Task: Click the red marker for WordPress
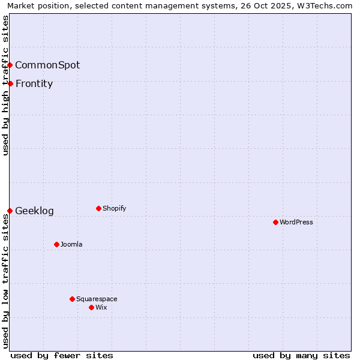[x=275, y=222]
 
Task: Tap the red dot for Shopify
[x=98, y=208]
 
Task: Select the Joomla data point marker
[x=56, y=244]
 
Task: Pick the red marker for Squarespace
[x=72, y=299]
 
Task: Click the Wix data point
[x=91, y=307]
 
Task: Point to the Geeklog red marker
[x=10, y=211]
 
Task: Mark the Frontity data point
[x=10, y=83]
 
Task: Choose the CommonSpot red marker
[x=10, y=65]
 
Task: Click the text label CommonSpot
[x=47, y=65]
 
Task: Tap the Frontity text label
[x=34, y=83]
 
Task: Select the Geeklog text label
[x=34, y=211]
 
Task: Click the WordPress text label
[x=296, y=222]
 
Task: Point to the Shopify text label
[x=114, y=208]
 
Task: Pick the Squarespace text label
[x=97, y=299]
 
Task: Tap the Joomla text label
[x=71, y=244]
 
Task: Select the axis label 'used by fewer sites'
[x=62, y=355]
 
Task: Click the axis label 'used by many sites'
[x=301, y=355]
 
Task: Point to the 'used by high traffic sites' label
[x=5, y=85]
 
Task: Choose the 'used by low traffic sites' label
[x=5, y=281]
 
